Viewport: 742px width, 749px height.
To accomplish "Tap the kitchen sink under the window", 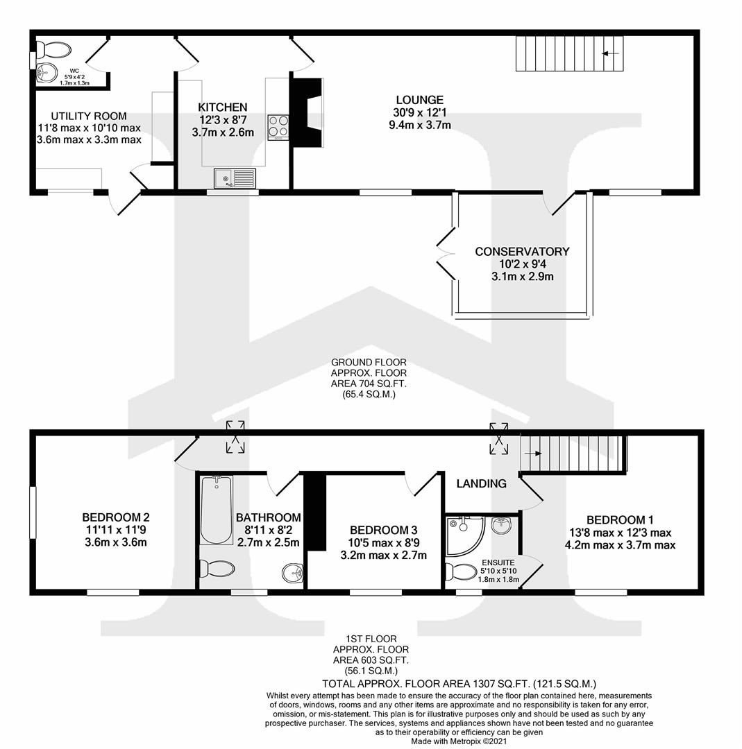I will point(235,178).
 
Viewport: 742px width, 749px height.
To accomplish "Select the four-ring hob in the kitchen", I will point(278,128).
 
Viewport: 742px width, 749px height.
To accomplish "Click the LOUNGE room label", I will point(420,100).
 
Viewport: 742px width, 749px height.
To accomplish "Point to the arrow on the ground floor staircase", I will point(611,53).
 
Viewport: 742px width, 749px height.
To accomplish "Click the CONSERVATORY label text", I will point(522,252).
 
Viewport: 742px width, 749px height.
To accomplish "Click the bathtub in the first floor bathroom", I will point(216,510).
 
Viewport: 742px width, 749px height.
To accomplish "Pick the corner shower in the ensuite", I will point(462,535).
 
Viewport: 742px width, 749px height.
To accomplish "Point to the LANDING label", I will point(480,483).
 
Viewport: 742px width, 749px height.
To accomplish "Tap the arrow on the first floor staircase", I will point(533,454).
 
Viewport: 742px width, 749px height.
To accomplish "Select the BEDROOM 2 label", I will point(116,517).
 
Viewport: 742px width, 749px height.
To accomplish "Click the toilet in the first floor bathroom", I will point(217,569).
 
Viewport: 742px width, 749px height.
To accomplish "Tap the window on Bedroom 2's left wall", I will point(32,512).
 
